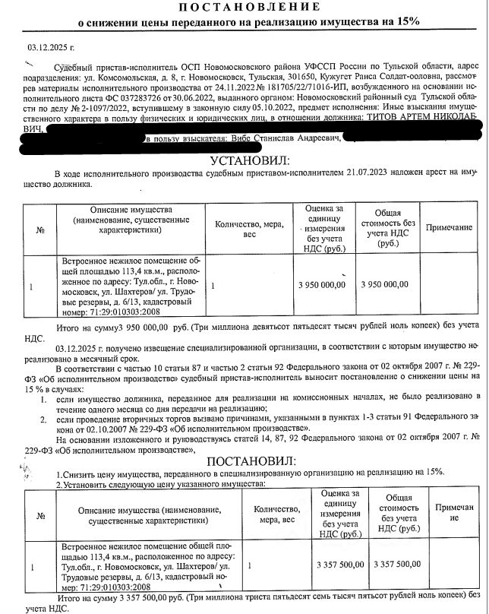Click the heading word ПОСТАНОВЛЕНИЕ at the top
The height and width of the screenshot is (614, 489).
click(x=244, y=8)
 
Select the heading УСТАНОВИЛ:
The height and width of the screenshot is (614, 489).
click(x=244, y=162)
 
